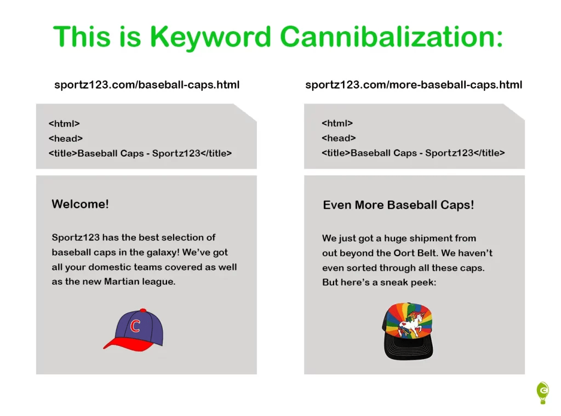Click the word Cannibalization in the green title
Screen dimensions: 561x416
pyautogui.click(x=391, y=37)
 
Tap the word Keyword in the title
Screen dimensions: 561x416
pyautogui.click(x=210, y=38)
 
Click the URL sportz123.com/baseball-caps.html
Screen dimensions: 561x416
pyautogui.click(x=147, y=85)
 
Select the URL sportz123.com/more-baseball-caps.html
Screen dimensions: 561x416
pyautogui.click(x=414, y=85)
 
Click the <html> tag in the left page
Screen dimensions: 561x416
pyautogui.click(x=64, y=124)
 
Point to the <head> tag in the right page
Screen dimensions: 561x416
pyautogui.click(x=339, y=138)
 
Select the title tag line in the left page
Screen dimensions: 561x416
pyautogui.click(x=140, y=153)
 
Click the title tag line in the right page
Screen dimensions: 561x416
pyautogui.click(x=413, y=153)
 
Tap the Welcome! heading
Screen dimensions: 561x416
pyautogui.click(x=80, y=204)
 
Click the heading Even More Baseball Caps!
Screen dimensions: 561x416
pyautogui.click(x=398, y=205)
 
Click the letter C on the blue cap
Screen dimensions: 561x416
pyautogui.click(x=135, y=326)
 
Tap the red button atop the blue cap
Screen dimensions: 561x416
pyautogui.click(x=143, y=310)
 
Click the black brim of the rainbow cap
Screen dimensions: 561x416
pyautogui.click(x=409, y=349)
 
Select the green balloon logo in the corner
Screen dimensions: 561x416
pyautogui.click(x=543, y=393)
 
